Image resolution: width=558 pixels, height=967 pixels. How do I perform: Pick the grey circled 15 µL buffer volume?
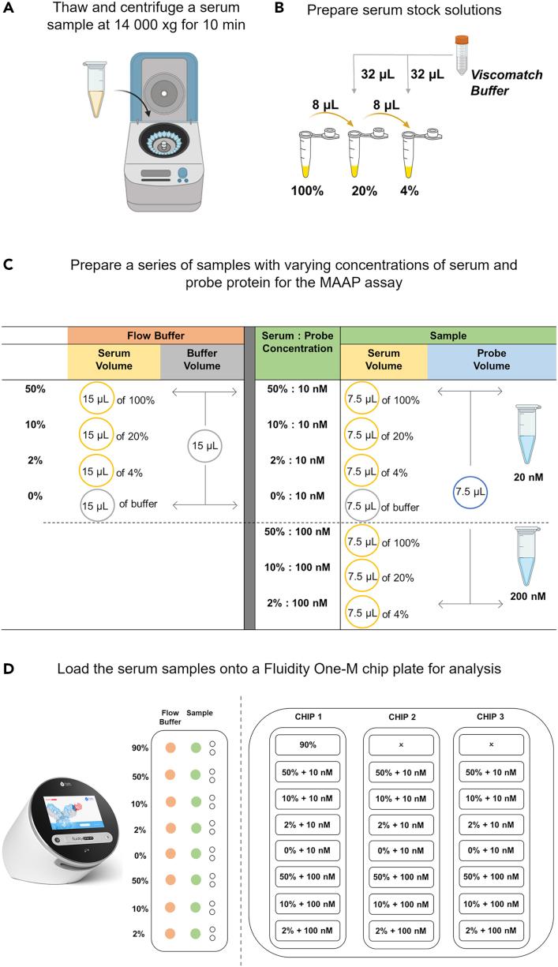tap(205, 445)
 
